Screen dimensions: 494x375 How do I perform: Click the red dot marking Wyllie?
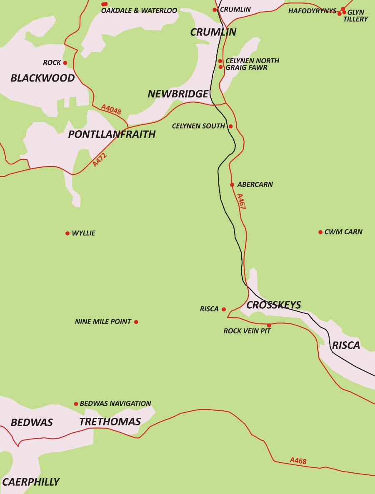click(67, 233)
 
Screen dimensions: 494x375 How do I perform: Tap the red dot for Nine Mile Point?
click(136, 322)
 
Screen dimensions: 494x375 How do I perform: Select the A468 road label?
click(298, 460)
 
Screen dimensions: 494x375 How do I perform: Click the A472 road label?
click(100, 160)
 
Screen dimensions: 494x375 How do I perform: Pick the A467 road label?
click(241, 201)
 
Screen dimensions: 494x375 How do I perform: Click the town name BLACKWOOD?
click(42, 78)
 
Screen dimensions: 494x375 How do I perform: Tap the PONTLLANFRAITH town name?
click(112, 134)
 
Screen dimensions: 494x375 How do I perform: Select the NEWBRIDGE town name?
click(178, 94)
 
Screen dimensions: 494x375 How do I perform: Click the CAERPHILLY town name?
click(31, 482)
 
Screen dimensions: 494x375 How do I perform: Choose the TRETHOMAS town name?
click(110, 422)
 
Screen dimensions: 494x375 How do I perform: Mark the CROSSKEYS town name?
click(274, 305)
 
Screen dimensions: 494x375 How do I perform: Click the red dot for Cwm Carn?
click(320, 232)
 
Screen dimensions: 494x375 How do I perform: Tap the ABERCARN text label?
click(255, 184)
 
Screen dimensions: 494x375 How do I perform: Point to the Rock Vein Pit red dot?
click(269, 325)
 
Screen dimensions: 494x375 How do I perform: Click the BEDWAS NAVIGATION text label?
click(115, 403)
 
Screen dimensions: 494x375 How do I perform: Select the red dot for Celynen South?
click(230, 126)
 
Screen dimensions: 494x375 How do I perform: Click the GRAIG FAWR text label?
click(246, 67)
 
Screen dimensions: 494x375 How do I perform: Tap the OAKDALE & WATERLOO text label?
click(139, 10)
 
